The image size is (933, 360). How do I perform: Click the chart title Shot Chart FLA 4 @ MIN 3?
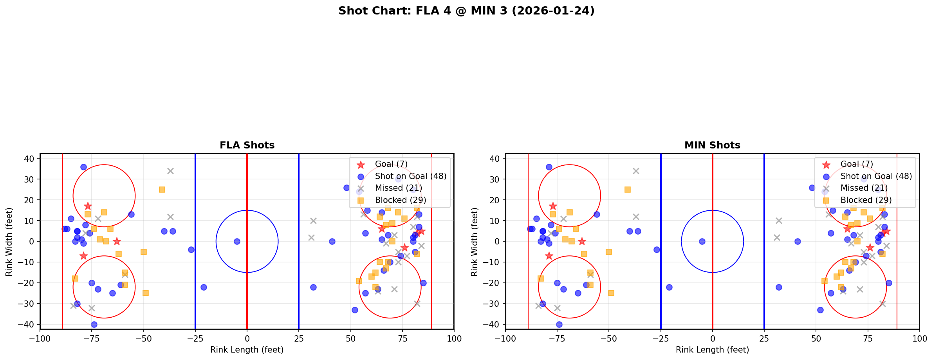tap(466, 11)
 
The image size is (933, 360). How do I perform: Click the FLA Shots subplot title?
tap(247, 145)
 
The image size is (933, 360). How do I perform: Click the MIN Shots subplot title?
tap(712, 145)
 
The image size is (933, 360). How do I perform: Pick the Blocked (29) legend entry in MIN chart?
tap(866, 200)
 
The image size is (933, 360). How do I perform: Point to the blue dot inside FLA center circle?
tap(237, 241)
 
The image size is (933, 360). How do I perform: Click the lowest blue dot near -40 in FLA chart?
tap(94, 324)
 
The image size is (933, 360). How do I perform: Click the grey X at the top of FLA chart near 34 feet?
tap(170, 171)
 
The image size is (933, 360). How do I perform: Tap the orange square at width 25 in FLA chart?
tap(162, 190)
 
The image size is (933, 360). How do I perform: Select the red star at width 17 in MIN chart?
tap(553, 206)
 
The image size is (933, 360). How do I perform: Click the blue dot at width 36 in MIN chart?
tap(549, 167)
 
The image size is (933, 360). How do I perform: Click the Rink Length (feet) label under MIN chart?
tap(712, 350)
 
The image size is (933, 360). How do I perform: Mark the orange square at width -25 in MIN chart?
tap(611, 293)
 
